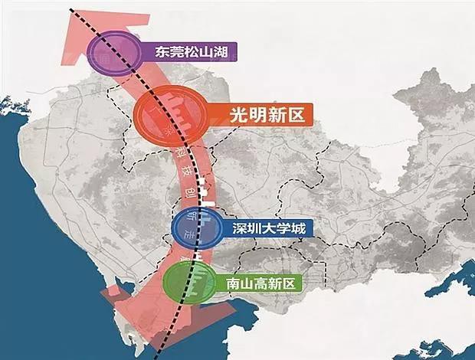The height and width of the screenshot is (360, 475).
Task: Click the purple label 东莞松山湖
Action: point(189,53)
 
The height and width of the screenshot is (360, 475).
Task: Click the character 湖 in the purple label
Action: point(224,53)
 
